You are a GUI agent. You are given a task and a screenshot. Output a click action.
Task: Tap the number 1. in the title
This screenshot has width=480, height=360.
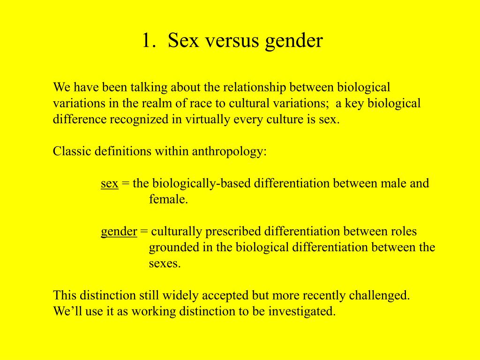tap(149, 41)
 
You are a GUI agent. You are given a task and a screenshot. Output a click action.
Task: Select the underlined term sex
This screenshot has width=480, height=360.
tap(109, 183)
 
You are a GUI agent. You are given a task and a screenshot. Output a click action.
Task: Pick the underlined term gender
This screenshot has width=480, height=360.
tap(119, 232)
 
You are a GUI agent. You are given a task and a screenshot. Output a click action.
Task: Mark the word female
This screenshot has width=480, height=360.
tap(168, 200)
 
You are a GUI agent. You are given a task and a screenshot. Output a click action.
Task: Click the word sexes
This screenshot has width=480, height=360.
tap(165, 263)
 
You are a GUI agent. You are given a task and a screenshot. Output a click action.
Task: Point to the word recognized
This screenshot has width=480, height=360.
tap(139, 120)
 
